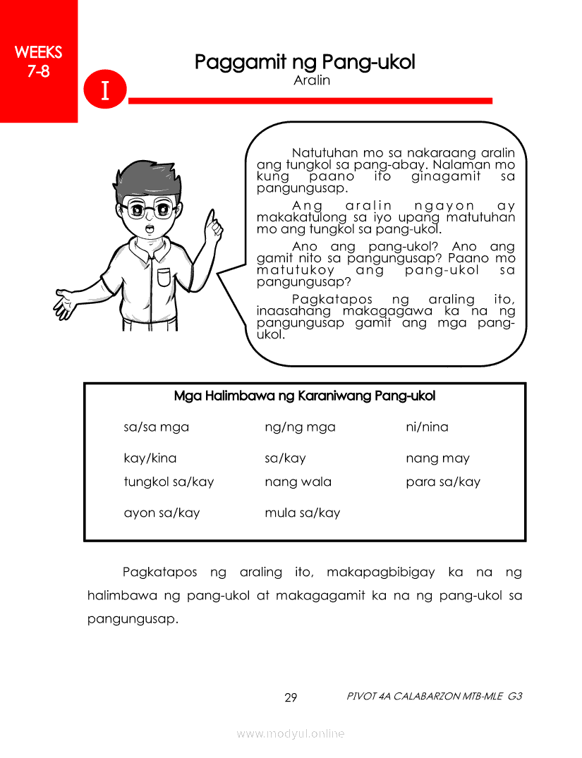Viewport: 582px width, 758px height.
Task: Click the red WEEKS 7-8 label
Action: (38, 61)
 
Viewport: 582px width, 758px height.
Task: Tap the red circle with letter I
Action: (104, 91)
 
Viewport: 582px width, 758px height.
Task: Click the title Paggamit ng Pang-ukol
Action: (305, 62)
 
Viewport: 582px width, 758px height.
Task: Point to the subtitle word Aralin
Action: (312, 80)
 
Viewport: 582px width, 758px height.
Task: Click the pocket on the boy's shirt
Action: (164, 276)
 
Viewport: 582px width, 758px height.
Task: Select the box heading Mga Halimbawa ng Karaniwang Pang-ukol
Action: (305, 396)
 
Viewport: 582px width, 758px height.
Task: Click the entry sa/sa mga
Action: (157, 427)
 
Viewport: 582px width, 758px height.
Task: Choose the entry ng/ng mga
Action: (300, 427)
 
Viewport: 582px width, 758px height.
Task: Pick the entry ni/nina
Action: (427, 427)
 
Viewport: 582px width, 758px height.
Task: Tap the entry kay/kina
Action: (150, 458)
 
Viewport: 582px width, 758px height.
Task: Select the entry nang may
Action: (437, 458)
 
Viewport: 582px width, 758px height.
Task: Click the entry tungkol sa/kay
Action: (169, 482)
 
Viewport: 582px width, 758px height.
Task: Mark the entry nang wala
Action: (298, 482)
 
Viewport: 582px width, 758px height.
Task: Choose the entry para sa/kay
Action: (443, 482)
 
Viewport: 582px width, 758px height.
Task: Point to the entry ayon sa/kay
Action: (162, 513)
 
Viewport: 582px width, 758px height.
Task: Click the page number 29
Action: (291, 698)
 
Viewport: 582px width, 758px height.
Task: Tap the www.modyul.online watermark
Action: (291, 733)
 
